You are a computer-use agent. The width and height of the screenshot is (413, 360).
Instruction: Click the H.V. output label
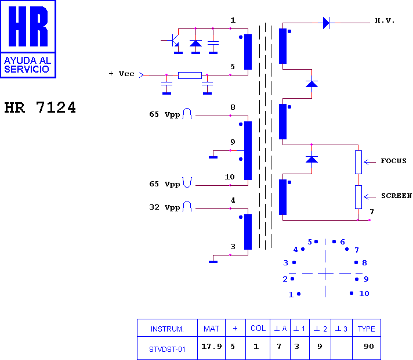(x=385, y=20)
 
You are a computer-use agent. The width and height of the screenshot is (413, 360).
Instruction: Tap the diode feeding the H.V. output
(x=326, y=23)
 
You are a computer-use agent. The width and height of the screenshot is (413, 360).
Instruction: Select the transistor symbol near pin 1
(x=174, y=40)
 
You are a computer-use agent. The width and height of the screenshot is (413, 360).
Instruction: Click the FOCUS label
(x=393, y=161)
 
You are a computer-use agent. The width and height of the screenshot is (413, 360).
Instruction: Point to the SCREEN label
(x=396, y=196)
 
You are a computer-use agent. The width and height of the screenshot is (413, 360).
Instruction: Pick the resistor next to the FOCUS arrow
(x=358, y=162)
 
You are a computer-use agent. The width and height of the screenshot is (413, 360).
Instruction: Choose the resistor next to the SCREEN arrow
(x=358, y=197)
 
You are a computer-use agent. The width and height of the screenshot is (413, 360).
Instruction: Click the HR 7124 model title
(x=40, y=107)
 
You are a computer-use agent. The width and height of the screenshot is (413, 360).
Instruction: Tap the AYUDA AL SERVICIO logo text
(x=28, y=65)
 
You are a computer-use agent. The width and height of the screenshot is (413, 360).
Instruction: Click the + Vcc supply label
(x=121, y=74)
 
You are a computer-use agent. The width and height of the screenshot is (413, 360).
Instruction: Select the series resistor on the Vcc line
(x=190, y=75)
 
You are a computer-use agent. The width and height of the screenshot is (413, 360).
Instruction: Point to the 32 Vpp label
(x=165, y=207)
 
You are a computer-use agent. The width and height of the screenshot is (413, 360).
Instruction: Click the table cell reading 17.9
(x=212, y=346)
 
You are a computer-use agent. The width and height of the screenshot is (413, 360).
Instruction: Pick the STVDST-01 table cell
(x=167, y=350)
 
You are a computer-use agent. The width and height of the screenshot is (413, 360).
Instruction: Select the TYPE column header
(x=367, y=329)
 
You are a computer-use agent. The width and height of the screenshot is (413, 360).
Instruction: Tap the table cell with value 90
(x=369, y=346)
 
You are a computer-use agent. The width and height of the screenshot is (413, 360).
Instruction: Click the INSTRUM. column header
(x=167, y=329)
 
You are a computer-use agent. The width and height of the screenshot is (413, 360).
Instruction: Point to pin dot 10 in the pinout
(x=352, y=293)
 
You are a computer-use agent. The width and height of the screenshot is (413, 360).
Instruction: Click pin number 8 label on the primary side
(x=233, y=107)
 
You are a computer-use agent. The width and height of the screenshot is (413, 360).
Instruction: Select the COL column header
(x=258, y=328)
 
